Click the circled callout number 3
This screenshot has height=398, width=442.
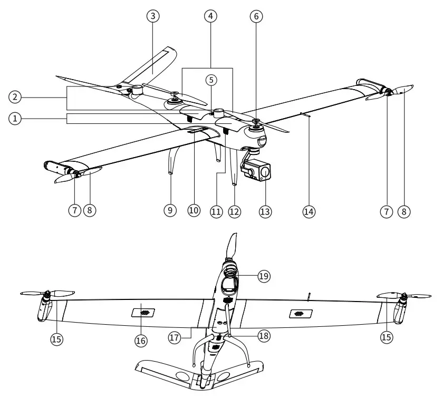[x=152, y=16]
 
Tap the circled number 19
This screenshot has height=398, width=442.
[x=263, y=275]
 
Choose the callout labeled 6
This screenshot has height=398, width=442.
[x=256, y=16]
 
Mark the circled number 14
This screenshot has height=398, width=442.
[x=309, y=211]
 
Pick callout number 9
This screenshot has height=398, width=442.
[x=169, y=211]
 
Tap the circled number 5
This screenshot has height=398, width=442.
[x=211, y=80]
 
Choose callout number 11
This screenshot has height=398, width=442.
[x=215, y=211]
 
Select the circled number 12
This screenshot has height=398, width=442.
[x=234, y=211]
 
